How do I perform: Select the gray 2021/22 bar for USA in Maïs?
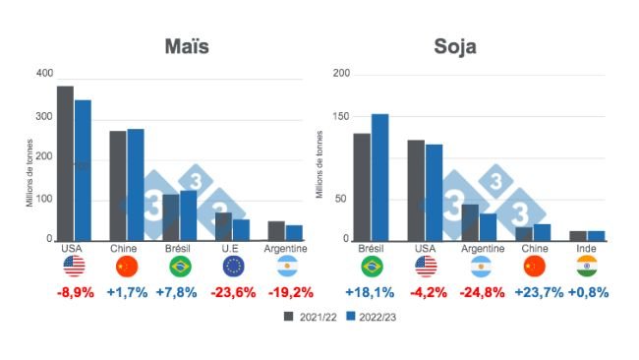pos(65,162)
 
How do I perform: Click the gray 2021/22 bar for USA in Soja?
pos(416,190)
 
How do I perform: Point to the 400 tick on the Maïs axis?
pos(43,74)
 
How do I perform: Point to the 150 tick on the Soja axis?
pos(340,117)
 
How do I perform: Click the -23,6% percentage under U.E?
pos(233,292)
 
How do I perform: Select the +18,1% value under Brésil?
pos(371,292)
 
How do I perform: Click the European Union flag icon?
pos(233,267)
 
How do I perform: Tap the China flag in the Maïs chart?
pos(127,267)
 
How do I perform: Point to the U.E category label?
pos(233,249)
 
